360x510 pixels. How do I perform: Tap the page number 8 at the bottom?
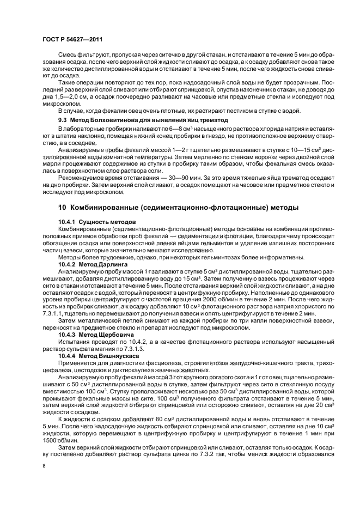(44, 466)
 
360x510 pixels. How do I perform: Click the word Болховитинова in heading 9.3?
(113, 119)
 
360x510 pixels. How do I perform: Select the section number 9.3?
(63, 119)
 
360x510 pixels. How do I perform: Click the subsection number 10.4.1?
(68, 223)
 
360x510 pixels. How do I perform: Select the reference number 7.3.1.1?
(56, 313)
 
